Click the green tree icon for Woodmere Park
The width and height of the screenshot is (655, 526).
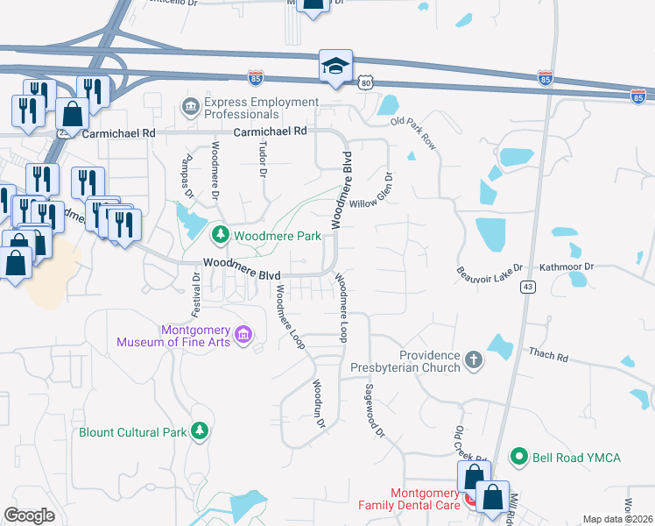click(221, 235)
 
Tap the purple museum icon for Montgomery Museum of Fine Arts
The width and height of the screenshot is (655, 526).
click(243, 333)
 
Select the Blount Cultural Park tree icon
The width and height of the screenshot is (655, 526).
click(201, 431)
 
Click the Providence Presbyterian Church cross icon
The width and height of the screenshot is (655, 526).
click(473, 359)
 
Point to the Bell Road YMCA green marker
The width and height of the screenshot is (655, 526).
click(519, 457)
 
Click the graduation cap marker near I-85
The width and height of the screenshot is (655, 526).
click(335, 67)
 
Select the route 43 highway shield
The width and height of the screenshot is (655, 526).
click(527, 287)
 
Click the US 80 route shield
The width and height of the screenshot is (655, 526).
click(365, 82)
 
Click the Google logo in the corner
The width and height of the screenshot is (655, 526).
click(30, 515)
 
